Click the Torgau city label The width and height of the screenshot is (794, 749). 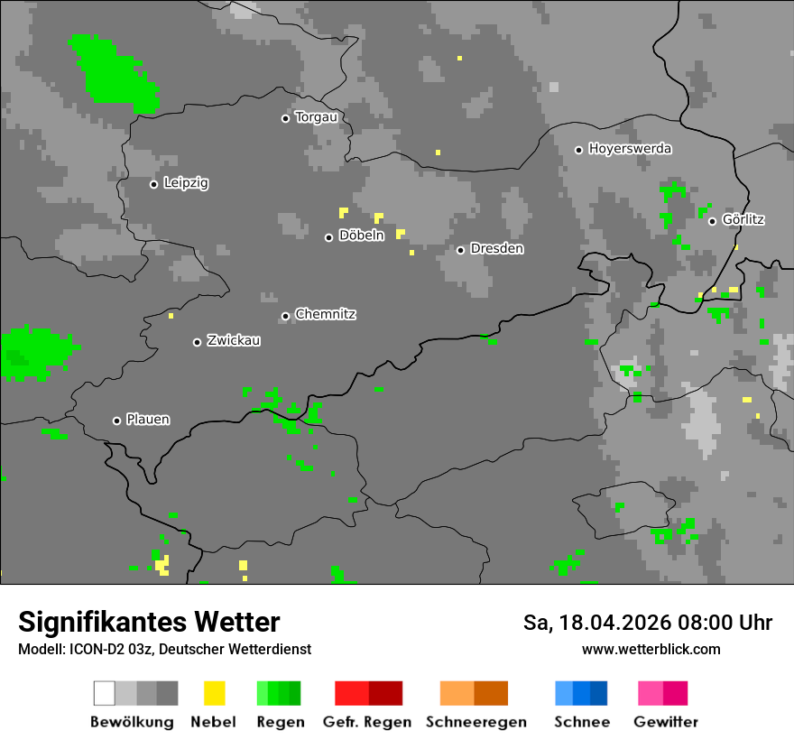[316, 117]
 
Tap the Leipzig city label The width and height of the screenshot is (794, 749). [186, 183]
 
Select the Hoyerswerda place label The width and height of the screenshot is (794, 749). [630, 149]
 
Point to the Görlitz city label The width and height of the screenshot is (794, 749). [743, 220]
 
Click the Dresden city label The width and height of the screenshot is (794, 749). [496, 249]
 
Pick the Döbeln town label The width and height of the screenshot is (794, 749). [361, 236]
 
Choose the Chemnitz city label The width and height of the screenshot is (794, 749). [325, 315]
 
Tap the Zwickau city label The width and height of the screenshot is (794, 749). [234, 341]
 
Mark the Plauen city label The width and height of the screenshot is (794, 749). [148, 420]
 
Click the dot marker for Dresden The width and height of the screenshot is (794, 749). [460, 250]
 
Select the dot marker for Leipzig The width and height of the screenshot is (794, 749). [153, 184]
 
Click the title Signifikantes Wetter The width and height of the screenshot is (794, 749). [149, 623]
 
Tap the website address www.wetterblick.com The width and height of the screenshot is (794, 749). [651, 650]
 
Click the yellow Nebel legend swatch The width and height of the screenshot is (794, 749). [214, 693]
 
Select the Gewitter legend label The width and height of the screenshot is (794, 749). [665, 722]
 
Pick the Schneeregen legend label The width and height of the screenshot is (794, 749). [475, 722]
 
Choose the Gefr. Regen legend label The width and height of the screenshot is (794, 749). [366, 722]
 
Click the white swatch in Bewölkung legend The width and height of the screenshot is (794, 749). [105, 693]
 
